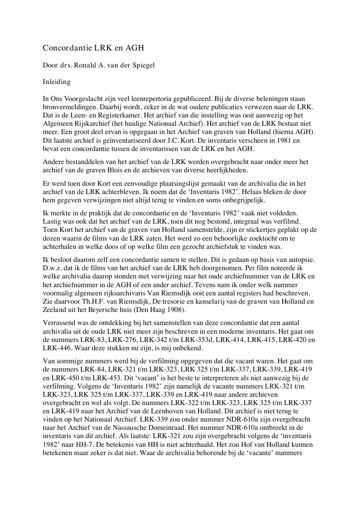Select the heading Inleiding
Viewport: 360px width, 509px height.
point(57,81)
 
